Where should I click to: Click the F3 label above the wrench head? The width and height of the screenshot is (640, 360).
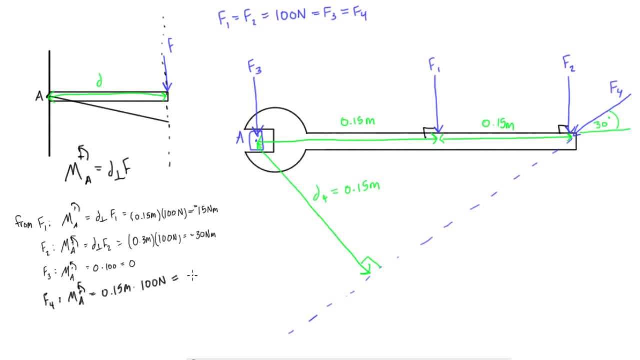254,67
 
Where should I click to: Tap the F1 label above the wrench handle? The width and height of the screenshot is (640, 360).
434,65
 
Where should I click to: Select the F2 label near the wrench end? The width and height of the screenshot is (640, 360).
569,64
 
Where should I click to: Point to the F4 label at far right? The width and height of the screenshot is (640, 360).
616,89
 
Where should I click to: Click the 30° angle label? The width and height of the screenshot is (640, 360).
603,124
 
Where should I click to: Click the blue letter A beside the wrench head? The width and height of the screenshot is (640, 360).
240,138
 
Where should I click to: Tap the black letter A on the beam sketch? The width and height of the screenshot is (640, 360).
39,97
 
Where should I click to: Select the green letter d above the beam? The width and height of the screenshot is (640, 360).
99,82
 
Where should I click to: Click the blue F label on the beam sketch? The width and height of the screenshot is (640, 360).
170,46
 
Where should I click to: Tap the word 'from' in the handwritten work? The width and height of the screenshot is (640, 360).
24,220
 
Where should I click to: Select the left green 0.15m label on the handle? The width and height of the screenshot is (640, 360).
357,121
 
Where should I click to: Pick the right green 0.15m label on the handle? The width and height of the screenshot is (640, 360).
498,123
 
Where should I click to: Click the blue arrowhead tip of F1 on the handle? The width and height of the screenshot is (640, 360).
437,133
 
